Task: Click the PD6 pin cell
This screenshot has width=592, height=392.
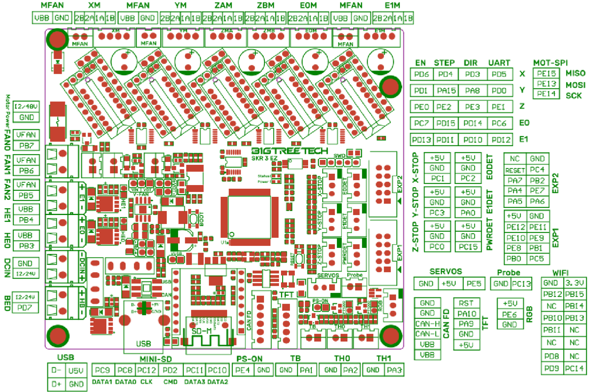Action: click(422, 74)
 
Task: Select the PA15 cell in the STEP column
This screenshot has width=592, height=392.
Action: click(446, 90)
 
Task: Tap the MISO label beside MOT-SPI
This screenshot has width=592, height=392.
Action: click(575, 73)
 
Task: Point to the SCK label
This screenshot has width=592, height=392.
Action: click(574, 96)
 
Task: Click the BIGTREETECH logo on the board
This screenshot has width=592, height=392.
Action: click(290, 151)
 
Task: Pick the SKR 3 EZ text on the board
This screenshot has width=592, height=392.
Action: click(264, 158)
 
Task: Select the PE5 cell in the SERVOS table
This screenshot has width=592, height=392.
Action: click(474, 284)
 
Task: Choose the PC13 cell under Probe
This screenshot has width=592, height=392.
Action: click(521, 284)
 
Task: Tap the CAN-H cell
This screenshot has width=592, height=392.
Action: click(427, 324)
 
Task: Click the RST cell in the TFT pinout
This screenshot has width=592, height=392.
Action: click(466, 303)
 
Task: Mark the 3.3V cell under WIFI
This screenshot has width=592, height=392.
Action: click(575, 283)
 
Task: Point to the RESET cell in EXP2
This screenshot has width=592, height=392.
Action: click(515, 170)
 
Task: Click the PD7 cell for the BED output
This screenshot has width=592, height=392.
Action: click(25, 308)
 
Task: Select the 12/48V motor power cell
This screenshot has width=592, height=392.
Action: click(26, 106)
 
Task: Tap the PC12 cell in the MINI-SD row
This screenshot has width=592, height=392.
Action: click(146, 370)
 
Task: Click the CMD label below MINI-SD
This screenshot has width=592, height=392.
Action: click(170, 382)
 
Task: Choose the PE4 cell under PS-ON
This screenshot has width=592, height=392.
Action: click(242, 370)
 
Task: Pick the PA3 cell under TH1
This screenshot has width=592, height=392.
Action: click(394, 370)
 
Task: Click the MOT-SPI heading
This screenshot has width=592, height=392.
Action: click(550, 63)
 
